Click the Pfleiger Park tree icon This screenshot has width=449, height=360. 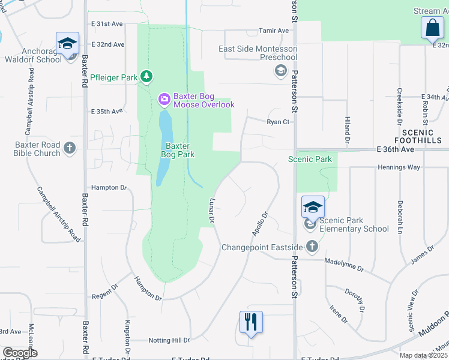(x=146, y=77)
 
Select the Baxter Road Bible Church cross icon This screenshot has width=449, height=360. (x=70, y=148)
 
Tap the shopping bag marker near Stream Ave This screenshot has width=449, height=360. (x=432, y=28)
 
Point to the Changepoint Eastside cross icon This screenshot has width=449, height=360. (x=312, y=247)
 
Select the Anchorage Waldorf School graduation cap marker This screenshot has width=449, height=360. (x=67, y=44)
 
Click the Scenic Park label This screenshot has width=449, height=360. (x=310, y=159)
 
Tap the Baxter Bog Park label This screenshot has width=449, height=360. (x=178, y=150)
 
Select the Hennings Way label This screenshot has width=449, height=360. (x=399, y=167)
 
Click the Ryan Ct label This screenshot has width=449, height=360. (x=279, y=122)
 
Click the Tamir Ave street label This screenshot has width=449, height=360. (x=274, y=31)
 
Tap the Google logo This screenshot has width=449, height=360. (x=20, y=352)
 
